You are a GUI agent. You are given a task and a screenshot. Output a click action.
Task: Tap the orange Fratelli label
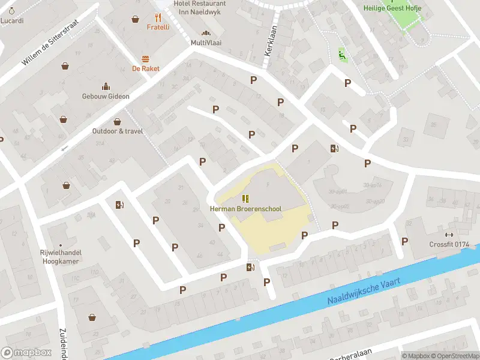tap(158, 27)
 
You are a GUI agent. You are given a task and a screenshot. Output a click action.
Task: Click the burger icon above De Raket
tap(146, 59)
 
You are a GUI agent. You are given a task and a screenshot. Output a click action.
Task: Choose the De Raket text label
tap(146, 68)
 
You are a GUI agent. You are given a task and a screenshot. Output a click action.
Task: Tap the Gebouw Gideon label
tap(106, 96)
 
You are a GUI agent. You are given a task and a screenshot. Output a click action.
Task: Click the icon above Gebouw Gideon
tap(106, 86)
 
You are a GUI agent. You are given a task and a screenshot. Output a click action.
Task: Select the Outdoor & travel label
tap(118, 131)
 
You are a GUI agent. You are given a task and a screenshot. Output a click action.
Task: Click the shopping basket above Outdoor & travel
tap(118, 121)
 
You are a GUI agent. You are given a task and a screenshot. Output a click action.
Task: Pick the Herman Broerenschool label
tap(245, 208)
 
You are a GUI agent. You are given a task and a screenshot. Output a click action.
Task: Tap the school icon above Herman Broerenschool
tap(245, 199)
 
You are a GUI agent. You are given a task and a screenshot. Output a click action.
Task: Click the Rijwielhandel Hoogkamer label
tap(61, 257)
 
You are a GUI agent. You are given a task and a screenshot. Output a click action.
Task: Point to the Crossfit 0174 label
tap(449, 244)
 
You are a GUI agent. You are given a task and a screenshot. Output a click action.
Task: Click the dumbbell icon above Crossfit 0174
tap(449, 235)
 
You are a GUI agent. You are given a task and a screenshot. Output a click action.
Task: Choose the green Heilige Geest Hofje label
tap(392, 8)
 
